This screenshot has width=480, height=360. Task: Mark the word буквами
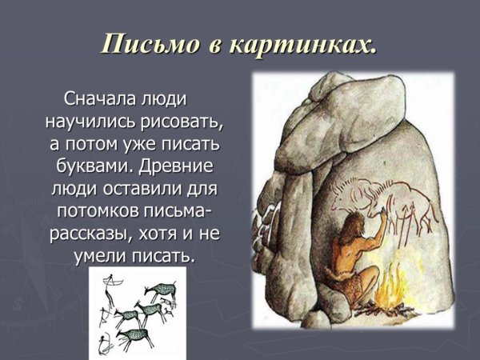92,170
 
